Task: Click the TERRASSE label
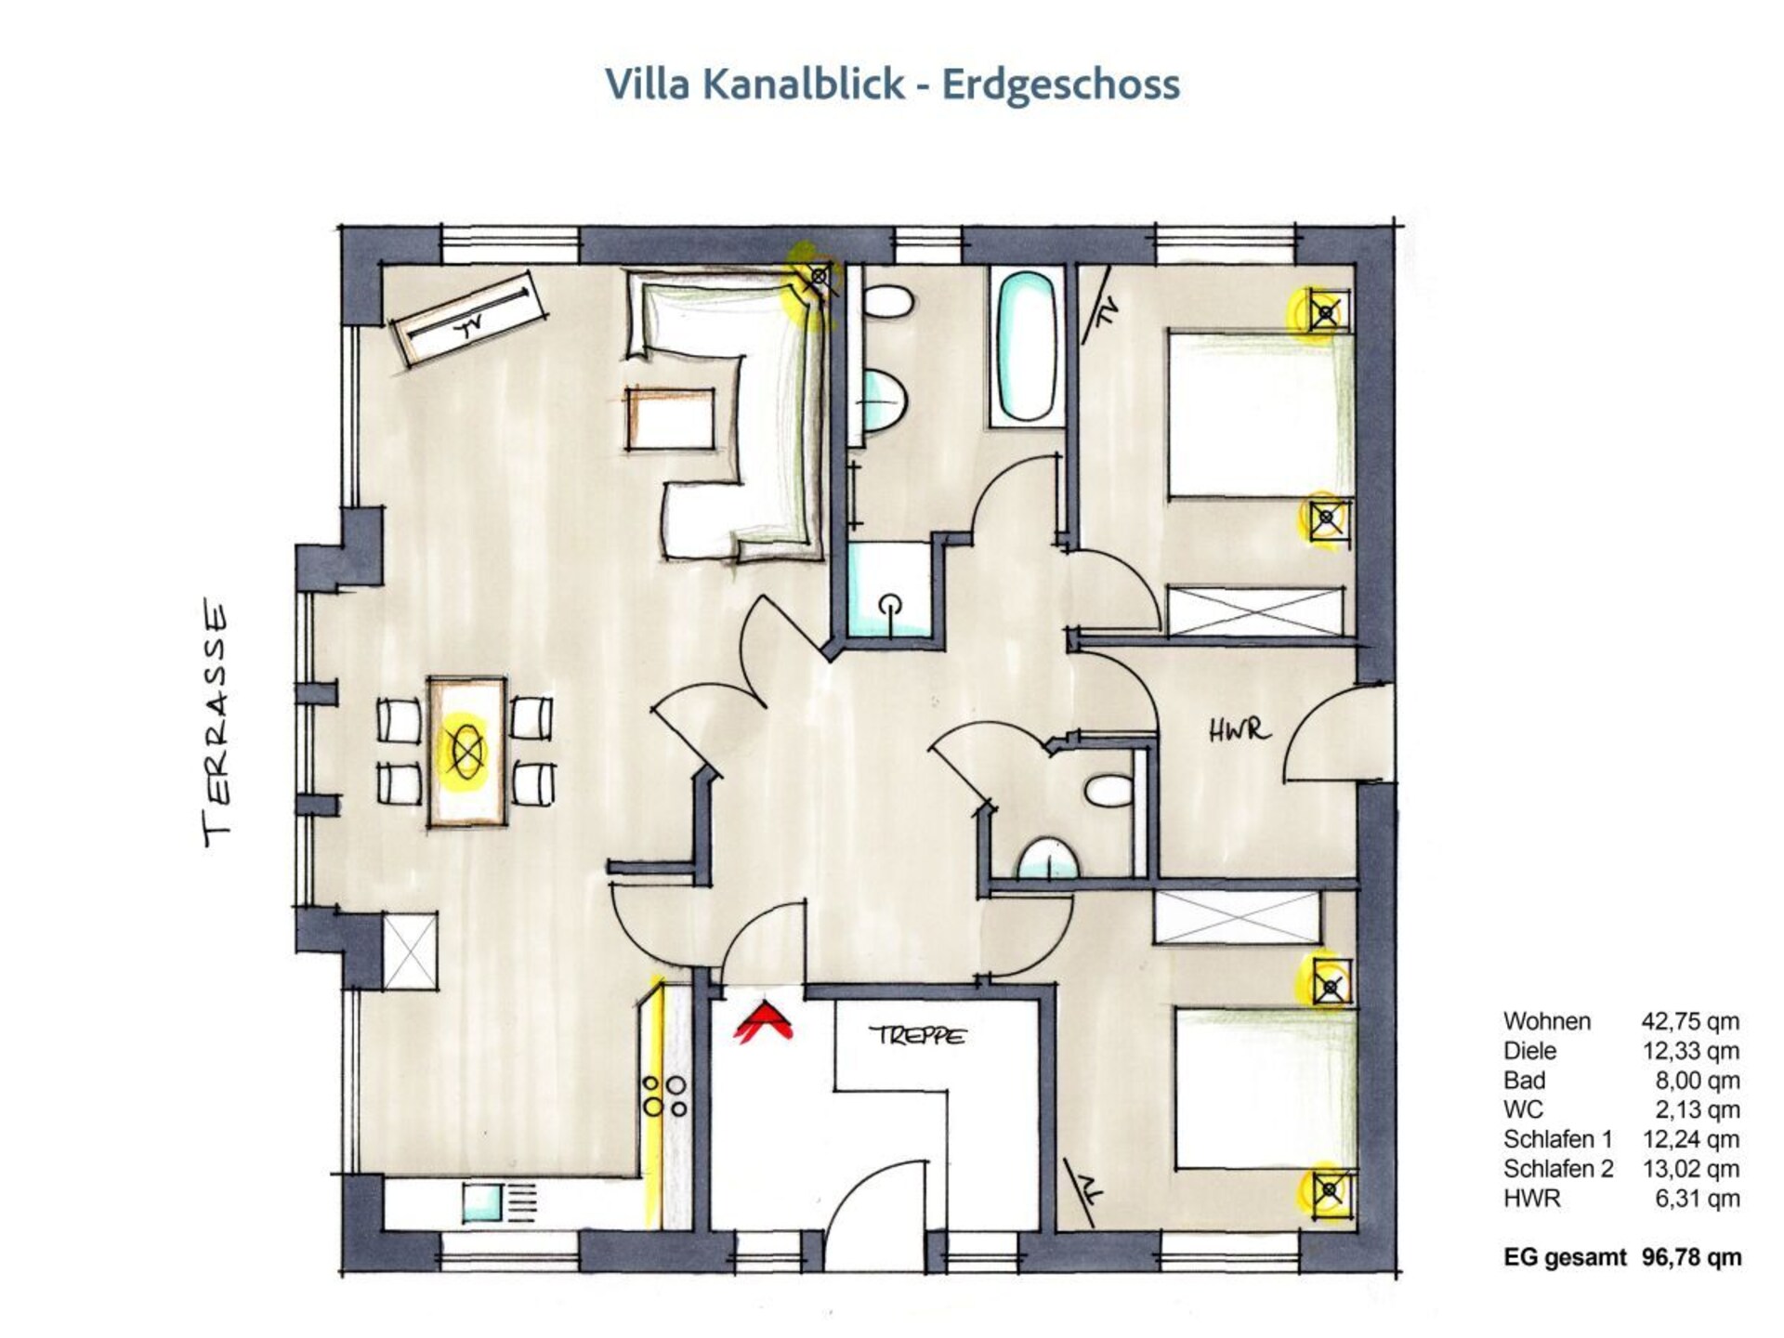[x=216, y=726]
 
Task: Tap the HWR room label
[x=1239, y=731]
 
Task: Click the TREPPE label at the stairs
[x=918, y=1035]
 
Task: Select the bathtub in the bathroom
[x=1027, y=348]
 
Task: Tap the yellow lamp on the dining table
[x=466, y=750]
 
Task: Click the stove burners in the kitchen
[x=665, y=1095]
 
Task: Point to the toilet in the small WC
[x=1108, y=791]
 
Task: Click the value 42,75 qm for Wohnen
[x=1690, y=1021]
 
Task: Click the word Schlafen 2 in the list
[x=1558, y=1169]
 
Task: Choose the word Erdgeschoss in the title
[x=1061, y=85]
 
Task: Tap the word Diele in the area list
[x=1529, y=1051]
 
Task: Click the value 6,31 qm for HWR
[x=1697, y=1199]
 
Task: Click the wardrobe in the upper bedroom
[x=1255, y=610]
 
